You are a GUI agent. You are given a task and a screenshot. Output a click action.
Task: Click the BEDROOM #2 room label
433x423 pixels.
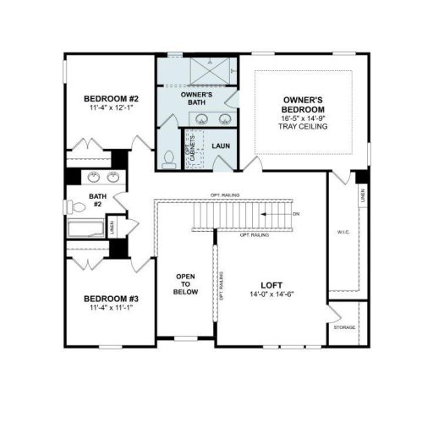click(x=109, y=99)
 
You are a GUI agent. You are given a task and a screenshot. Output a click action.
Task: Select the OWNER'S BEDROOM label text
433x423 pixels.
click(x=303, y=105)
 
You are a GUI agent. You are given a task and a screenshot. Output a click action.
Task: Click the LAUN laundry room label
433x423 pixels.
click(x=222, y=146)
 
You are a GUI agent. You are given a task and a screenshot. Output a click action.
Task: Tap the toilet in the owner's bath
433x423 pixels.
click(x=168, y=158)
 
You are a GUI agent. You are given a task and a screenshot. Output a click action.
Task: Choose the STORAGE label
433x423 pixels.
click(x=343, y=327)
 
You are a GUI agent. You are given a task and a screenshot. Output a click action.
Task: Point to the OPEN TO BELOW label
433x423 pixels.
click(x=186, y=284)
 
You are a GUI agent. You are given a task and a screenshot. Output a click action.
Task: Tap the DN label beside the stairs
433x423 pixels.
click(x=295, y=215)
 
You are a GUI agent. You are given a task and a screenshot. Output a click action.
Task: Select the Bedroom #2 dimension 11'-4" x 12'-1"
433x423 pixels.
click(x=109, y=109)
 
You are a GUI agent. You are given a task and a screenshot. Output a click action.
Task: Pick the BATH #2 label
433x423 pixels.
click(x=96, y=201)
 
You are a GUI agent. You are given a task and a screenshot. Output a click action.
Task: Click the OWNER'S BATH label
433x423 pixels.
click(x=196, y=98)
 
